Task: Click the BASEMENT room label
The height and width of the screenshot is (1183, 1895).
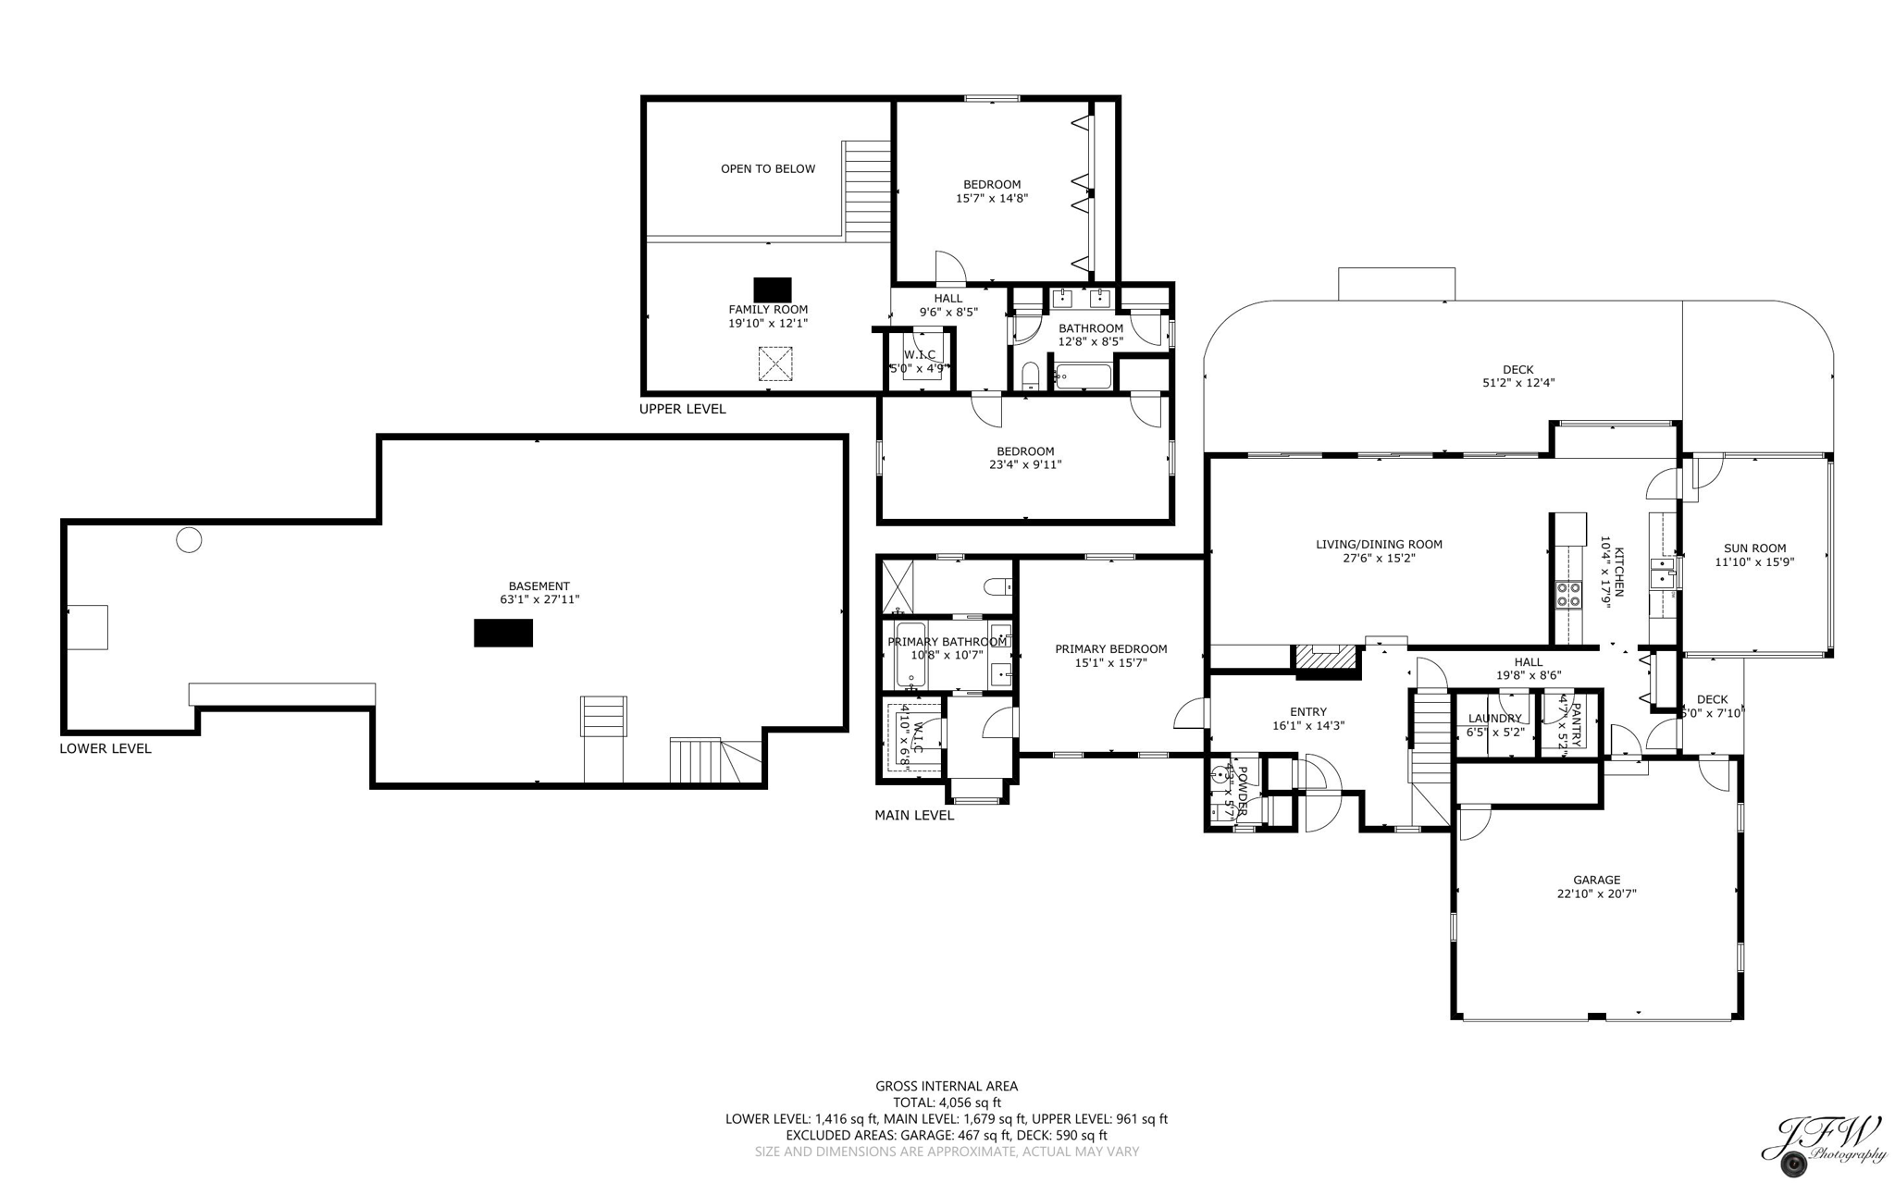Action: (539, 586)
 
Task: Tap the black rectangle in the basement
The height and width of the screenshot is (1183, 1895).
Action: (503, 634)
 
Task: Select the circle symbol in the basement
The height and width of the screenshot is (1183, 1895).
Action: (189, 540)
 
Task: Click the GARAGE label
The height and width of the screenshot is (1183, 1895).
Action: (1596, 881)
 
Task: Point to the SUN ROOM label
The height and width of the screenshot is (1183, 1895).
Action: (1754, 548)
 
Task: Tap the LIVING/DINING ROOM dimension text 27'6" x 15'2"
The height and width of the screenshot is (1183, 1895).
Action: (1379, 559)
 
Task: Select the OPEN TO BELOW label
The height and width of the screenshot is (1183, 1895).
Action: (768, 169)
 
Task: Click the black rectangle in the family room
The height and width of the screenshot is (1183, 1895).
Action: (772, 290)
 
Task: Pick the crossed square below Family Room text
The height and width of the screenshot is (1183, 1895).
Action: (775, 364)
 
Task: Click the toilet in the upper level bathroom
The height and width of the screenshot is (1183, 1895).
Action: (1030, 376)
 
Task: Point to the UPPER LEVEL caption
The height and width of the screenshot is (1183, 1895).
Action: (683, 409)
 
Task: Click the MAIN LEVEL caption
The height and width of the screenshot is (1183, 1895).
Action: (914, 816)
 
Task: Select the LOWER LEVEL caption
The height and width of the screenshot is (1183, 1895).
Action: (105, 749)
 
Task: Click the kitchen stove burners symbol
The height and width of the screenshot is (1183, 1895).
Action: (1567, 594)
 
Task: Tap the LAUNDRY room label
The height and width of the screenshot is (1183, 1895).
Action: (1494, 719)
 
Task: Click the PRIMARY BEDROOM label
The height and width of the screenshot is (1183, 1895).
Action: (1110, 649)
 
